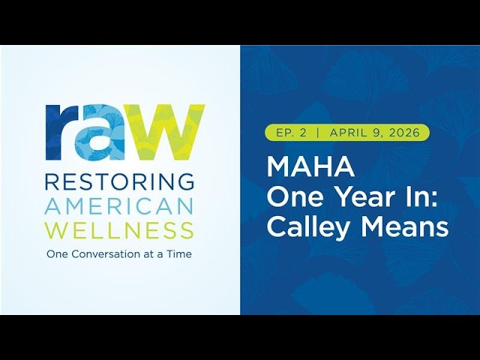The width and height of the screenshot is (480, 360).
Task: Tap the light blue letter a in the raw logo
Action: (100, 132)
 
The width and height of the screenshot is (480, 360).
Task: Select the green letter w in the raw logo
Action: (165, 132)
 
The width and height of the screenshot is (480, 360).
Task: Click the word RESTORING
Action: (119, 181)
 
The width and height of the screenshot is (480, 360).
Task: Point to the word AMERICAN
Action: (119, 206)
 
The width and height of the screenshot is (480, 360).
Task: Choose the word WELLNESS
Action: (119, 231)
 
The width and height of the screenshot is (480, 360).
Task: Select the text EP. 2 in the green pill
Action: (291, 133)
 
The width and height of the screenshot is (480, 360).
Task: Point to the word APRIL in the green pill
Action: (346, 133)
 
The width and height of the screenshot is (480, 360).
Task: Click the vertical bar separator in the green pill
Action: (318, 133)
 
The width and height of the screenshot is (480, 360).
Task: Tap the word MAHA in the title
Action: (310, 166)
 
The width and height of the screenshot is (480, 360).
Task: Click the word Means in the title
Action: (405, 226)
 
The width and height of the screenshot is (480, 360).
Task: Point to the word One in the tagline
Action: (57, 254)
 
